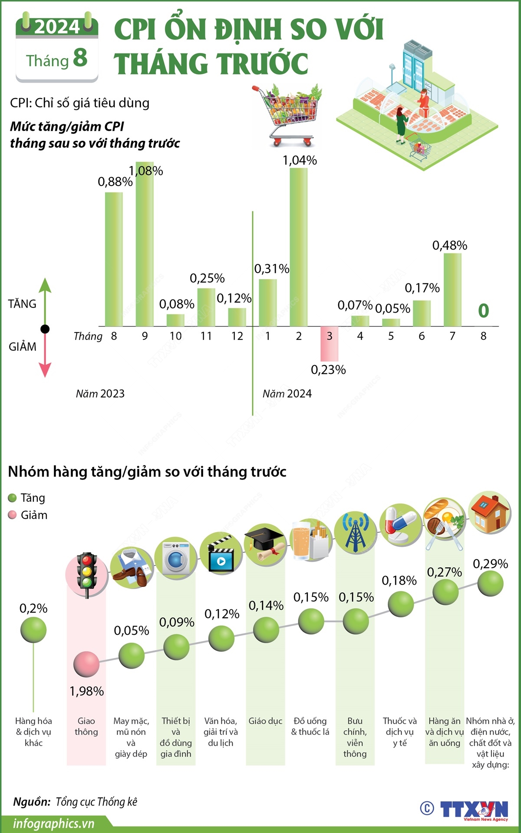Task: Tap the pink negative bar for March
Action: (x=329, y=344)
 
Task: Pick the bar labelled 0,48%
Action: (x=452, y=290)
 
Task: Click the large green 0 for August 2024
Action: (x=483, y=310)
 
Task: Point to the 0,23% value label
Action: (x=328, y=370)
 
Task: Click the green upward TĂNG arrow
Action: (x=45, y=296)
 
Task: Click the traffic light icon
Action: (x=86, y=574)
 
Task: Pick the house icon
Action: (x=490, y=513)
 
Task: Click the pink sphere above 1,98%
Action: (x=86, y=664)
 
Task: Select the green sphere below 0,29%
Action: (x=490, y=584)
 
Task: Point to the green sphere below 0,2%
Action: (x=33, y=630)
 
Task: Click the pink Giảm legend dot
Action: (x=13, y=515)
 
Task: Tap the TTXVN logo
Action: (x=473, y=810)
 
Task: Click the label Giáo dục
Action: (x=265, y=721)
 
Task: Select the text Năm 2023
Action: (x=100, y=394)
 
